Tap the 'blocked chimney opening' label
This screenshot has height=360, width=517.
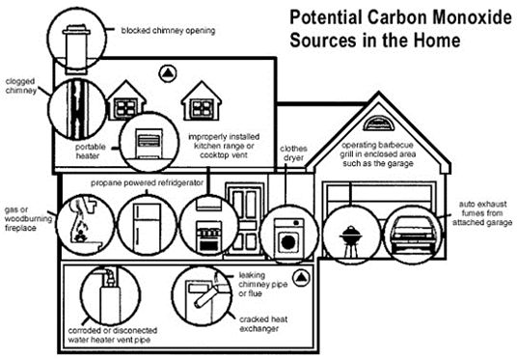[167, 30]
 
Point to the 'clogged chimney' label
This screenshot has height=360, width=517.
[20, 88]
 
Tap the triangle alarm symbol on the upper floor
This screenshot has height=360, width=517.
[169, 72]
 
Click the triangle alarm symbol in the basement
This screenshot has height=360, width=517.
[301, 277]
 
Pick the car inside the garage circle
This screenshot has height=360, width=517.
[413, 233]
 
